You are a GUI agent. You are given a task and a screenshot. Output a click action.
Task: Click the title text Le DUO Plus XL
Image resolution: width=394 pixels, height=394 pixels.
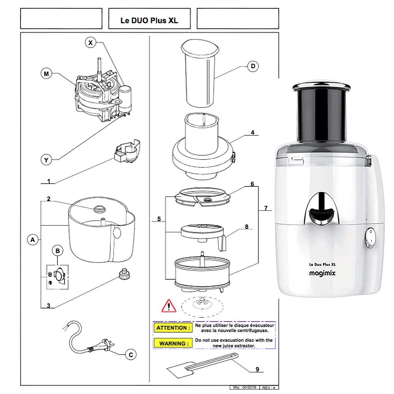tap(149, 20)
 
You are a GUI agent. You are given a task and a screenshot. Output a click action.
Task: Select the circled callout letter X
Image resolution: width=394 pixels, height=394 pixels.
tap(91, 43)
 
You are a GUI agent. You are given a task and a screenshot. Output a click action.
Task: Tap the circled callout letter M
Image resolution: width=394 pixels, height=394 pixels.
tap(47, 74)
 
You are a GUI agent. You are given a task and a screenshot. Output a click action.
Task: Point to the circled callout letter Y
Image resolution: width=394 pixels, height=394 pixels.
tap(47, 160)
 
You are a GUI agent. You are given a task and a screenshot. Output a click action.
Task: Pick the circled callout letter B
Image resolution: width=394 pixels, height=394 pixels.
tap(58, 251)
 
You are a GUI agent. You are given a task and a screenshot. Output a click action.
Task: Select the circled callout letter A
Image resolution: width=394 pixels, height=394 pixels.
tap(33, 239)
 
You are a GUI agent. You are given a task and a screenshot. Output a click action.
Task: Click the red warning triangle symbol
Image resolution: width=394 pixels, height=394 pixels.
tap(169, 306)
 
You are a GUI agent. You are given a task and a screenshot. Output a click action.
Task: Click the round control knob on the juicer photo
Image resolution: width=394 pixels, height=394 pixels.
tap(370, 238)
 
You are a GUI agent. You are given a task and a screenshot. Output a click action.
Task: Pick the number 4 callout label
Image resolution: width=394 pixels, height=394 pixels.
tap(253, 132)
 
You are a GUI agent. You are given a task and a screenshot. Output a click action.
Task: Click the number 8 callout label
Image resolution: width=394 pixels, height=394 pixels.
tap(247, 227)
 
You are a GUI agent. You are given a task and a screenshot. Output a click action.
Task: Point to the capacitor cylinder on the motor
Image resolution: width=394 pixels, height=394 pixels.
tap(127, 97)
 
